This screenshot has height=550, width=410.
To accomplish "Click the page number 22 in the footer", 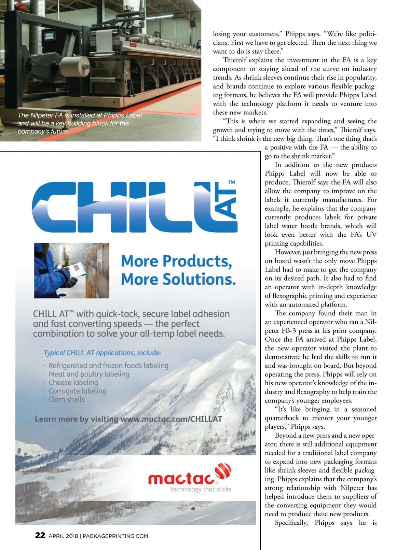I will pos(40,535).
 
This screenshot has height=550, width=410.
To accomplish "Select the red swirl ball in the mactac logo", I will pos(223,472).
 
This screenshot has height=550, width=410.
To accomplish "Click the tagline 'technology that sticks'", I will pos(201,489).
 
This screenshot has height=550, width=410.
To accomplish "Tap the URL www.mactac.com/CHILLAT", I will pos(171,419).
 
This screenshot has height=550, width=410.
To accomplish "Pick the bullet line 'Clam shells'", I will pos(67,399).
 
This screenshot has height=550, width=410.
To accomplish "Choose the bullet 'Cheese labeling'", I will pos(73,383).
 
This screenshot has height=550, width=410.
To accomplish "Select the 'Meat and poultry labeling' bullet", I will pos(89,374).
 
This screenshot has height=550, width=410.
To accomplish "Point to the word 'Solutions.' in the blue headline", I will pos(199,279).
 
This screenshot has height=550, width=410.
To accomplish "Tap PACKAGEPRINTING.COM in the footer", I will pos(115,536).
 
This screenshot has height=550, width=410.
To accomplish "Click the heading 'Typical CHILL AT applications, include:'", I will pos(102,353).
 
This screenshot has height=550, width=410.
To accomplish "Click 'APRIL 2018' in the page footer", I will pos(63,536).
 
